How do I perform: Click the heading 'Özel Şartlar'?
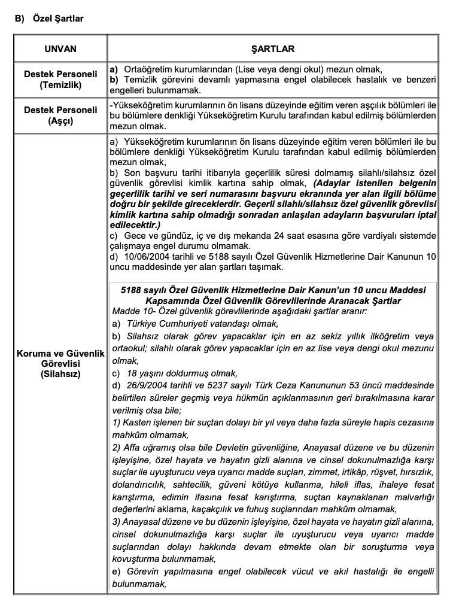point(59,19)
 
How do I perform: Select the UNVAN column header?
point(60,48)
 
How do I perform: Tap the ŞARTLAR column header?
point(272,48)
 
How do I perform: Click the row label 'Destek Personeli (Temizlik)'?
point(60,80)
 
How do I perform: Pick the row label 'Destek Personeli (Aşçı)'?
point(60,115)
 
